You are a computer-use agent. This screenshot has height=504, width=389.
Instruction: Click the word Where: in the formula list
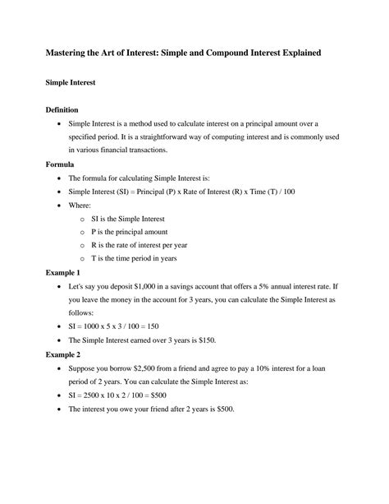coord(80,205)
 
